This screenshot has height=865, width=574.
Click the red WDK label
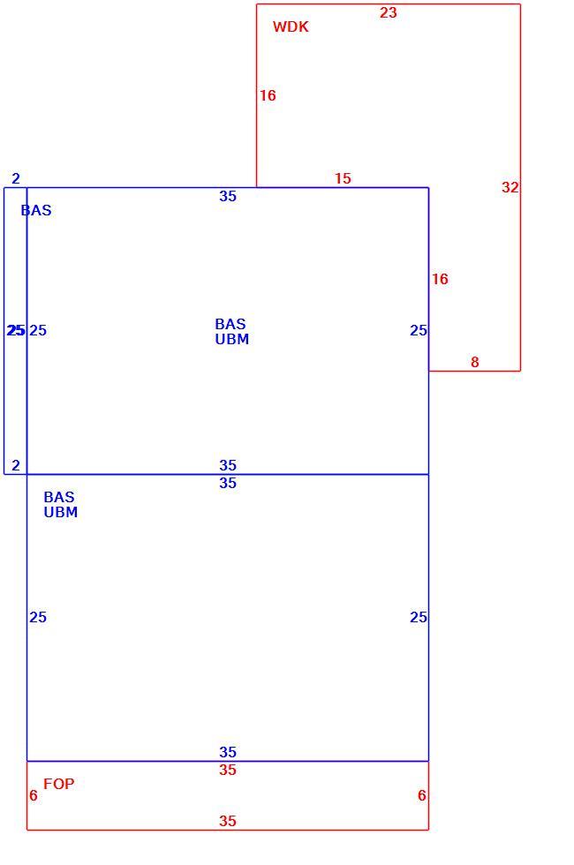pyautogui.click(x=291, y=26)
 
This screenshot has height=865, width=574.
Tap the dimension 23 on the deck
pyautogui.click(x=388, y=12)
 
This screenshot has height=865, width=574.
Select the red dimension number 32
pyautogui.click(x=510, y=187)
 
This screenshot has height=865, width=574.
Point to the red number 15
pyautogui.click(x=343, y=178)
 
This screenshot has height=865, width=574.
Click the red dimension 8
pyautogui.click(x=475, y=363)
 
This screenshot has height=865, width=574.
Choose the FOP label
pyautogui.click(x=58, y=784)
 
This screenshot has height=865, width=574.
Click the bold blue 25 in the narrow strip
pyautogui.click(x=16, y=330)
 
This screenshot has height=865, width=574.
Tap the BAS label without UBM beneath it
pyautogui.click(x=36, y=210)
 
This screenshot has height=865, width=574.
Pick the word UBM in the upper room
pyautogui.click(x=231, y=339)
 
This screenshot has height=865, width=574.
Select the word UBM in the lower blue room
pyautogui.click(x=61, y=513)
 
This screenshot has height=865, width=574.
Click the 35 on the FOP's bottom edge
pyautogui.click(x=228, y=822)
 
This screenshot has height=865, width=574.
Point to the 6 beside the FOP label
pyautogui.click(x=34, y=795)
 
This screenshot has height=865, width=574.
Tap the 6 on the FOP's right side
pyautogui.click(x=422, y=795)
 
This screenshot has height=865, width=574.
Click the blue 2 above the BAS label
pyautogui.click(x=16, y=178)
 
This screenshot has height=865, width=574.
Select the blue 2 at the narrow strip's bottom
pyautogui.click(x=16, y=466)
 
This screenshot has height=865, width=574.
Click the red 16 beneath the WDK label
pyautogui.click(x=268, y=96)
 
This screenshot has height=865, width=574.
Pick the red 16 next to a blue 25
pyautogui.click(x=440, y=279)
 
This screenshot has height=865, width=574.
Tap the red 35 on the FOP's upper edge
pyautogui.click(x=228, y=770)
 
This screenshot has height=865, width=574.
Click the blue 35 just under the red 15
pyautogui.click(x=228, y=196)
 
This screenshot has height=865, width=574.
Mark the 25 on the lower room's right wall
pyautogui.click(x=419, y=617)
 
